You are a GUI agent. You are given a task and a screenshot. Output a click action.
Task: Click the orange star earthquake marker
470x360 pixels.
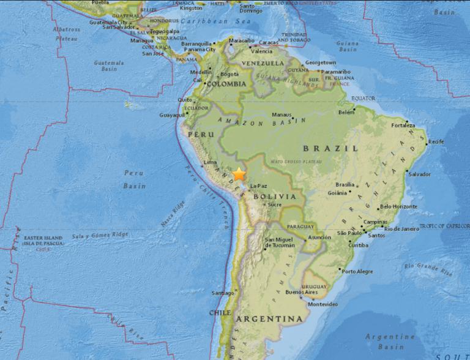click(x=239, y=174)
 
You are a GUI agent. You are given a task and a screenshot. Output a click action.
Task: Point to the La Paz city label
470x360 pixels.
click(x=258, y=186)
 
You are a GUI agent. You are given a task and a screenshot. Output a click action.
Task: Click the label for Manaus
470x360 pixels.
click(x=282, y=114)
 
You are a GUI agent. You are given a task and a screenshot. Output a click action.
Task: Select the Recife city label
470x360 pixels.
click(x=436, y=142)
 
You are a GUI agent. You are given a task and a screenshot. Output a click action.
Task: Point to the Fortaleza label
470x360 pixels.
click(x=404, y=126)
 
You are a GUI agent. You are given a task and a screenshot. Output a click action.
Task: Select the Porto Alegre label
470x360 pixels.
click(x=357, y=271)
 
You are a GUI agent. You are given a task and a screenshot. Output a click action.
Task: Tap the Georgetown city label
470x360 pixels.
click(x=321, y=62)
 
